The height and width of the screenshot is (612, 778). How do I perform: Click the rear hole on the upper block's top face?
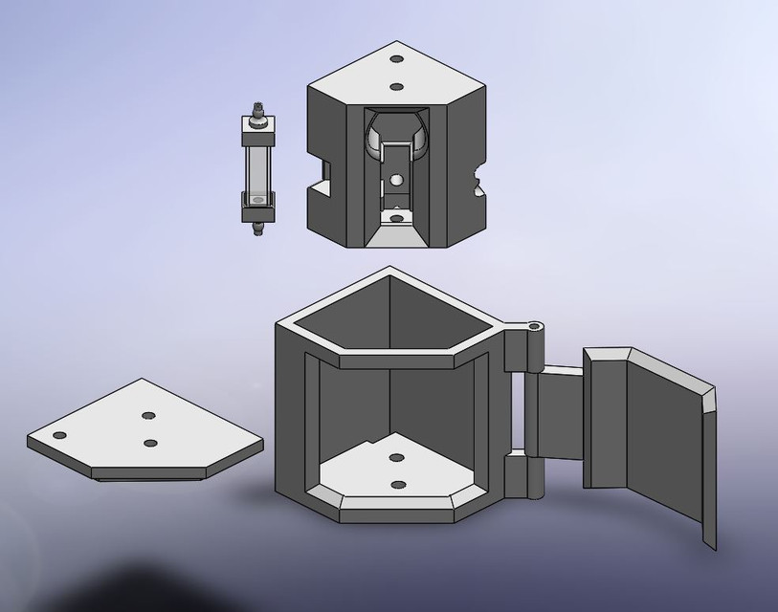[x=397, y=59]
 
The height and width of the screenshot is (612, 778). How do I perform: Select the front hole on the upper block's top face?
[x=397, y=86]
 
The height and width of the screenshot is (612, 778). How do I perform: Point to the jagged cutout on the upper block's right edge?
[x=478, y=180]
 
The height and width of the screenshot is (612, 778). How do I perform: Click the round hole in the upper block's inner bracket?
[x=396, y=179]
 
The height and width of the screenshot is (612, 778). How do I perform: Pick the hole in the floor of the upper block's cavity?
[x=396, y=218]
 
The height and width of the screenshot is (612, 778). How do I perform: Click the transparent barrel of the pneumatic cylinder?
[x=257, y=168]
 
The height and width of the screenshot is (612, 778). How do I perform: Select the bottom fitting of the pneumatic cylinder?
[x=256, y=228]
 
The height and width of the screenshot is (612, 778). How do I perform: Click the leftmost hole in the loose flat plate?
[x=59, y=435]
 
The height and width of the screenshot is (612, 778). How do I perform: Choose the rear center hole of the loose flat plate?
[x=148, y=416]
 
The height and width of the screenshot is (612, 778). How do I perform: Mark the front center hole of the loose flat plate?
[x=150, y=443]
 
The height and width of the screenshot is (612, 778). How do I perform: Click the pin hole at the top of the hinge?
[x=533, y=325]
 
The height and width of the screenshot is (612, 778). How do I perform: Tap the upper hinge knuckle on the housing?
[x=522, y=350]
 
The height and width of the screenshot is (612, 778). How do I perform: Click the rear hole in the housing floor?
[x=396, y=458]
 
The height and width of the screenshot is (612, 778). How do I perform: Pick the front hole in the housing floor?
[x=396, y=484]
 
